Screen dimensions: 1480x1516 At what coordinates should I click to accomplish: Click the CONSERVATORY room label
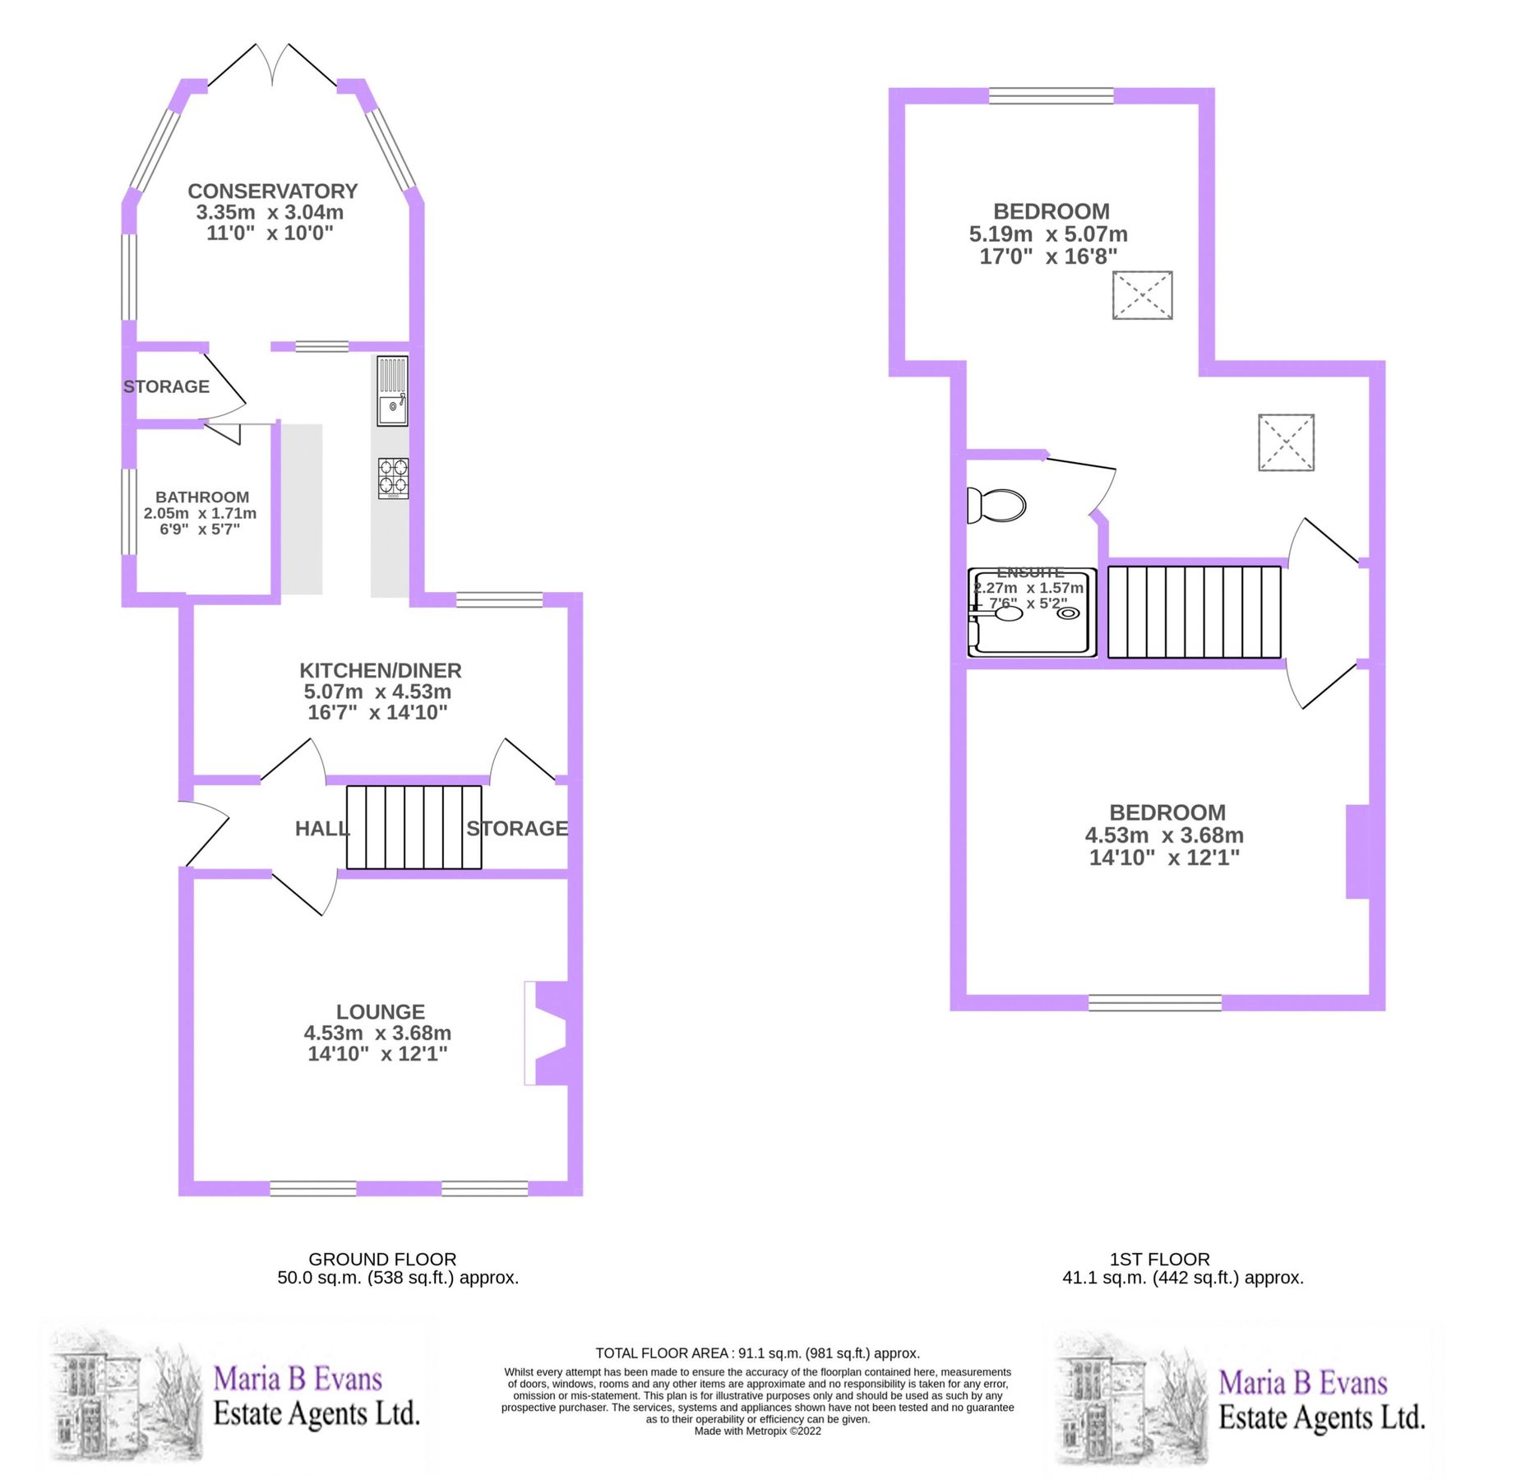tap(272, 191)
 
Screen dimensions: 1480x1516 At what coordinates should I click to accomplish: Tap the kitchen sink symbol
tap(392, 391)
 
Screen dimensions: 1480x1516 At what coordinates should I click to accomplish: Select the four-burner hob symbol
tap(393, 478)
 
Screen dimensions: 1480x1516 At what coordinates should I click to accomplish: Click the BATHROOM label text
tap(202, 497)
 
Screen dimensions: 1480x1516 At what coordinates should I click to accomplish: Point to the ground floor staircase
tap(414, 827)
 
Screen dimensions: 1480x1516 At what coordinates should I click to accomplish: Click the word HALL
tap(321, 829)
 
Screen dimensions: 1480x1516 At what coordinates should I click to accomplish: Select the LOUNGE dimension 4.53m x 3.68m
tap(377, 1033)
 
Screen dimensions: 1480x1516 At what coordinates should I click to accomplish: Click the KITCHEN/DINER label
tap(380, 671)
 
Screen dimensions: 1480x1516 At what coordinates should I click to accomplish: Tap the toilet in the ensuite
tap(997, 505)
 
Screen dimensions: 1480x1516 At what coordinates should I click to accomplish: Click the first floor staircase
tap(1194, 612)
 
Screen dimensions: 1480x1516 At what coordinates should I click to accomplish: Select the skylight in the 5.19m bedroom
tap(1142, 295)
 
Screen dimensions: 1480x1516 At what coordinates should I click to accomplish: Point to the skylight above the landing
tap(1286, 442)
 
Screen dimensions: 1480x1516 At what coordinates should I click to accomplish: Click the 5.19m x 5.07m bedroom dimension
tap(1048, 234)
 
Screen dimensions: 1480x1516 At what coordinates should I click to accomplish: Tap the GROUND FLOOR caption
tap(382, 1259)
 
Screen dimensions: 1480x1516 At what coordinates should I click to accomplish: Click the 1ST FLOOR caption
tap(1159, 1259)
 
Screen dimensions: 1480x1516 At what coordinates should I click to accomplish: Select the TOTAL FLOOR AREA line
tap(757, 1353)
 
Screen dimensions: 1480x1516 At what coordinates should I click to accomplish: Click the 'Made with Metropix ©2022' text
tap(757, 1431)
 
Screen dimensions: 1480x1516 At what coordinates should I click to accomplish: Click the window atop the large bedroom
tap(1051, 96)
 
